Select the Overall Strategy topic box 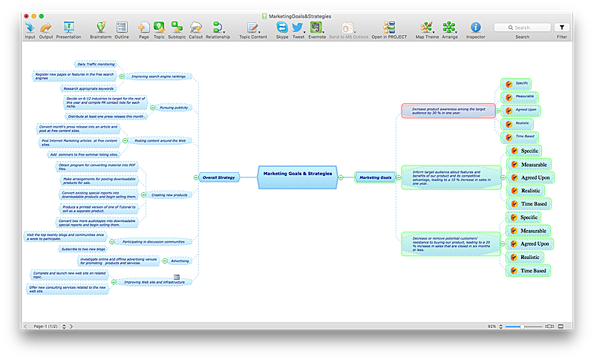(218, 177)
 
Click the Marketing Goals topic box (375, 177)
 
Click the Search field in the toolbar (523, 27)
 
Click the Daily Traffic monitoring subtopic (96, 65)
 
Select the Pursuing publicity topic (174, 108)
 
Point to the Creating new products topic (169, 194)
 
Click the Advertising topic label (180, 261)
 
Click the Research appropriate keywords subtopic (90, 88)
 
